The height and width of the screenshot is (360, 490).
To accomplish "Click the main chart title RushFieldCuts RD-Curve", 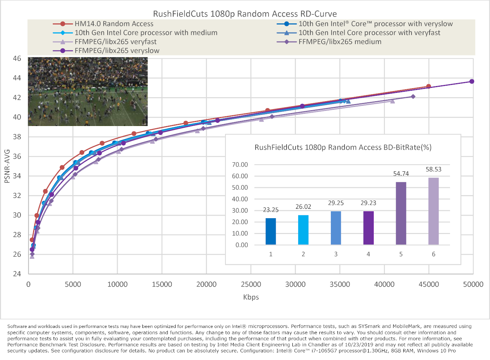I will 245,14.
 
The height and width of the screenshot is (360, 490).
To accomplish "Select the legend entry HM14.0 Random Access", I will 114,24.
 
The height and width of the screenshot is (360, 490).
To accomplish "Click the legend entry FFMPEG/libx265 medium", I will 340,42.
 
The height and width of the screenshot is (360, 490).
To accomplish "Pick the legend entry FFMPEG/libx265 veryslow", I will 117,51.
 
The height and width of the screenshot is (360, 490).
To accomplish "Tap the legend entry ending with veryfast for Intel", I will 369,33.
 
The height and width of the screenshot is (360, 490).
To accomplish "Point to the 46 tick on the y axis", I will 17,58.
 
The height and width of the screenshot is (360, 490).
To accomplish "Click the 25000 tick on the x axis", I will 251,284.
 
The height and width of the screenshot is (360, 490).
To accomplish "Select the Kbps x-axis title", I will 251,297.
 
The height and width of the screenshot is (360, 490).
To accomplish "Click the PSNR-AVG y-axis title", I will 7,166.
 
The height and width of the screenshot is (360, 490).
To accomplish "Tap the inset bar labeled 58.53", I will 433,211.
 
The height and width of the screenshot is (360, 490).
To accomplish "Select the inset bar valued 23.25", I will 271,231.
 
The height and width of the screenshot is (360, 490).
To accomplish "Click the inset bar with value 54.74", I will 401,213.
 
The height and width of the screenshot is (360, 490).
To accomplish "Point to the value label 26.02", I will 303,207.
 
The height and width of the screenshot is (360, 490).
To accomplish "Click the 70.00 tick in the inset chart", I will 240,165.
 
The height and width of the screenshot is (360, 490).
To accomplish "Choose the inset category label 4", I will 368,254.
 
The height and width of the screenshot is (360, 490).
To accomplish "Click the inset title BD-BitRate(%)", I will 343,147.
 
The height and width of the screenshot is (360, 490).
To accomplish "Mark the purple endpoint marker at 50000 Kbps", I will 472,81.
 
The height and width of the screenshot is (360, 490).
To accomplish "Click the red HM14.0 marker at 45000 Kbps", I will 428,86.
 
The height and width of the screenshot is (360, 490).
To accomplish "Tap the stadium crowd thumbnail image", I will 88,92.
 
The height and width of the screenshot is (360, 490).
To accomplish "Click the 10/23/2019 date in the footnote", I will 361,345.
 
